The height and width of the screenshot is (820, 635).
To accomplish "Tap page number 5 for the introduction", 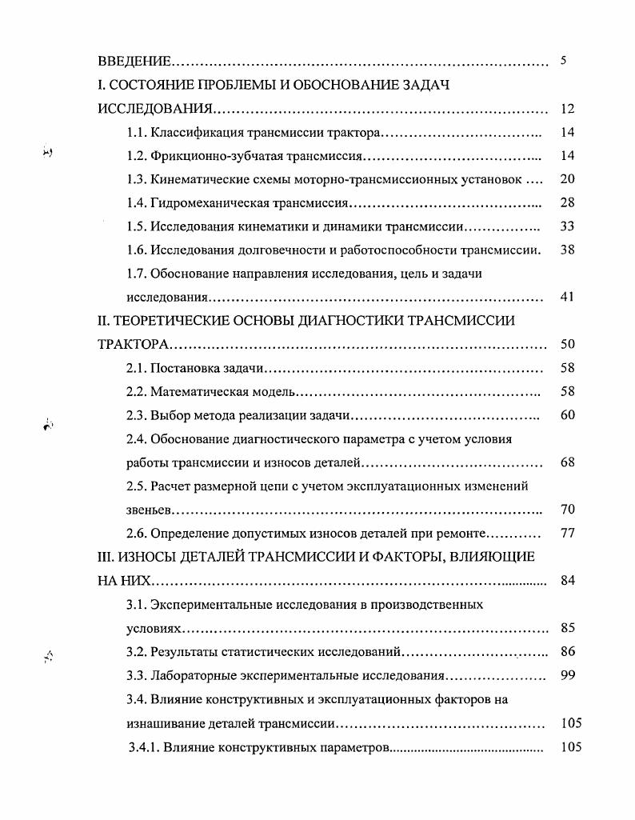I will click(564, 61).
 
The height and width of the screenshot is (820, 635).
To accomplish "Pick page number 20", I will click(567, 179).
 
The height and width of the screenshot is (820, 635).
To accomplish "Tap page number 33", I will click(567, 226).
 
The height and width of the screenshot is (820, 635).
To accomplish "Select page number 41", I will click(567, 298).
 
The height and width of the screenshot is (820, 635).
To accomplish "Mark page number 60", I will click(567, 415).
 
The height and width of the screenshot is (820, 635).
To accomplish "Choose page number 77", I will click(567, 533).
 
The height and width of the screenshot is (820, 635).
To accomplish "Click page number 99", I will click(567, 675).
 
